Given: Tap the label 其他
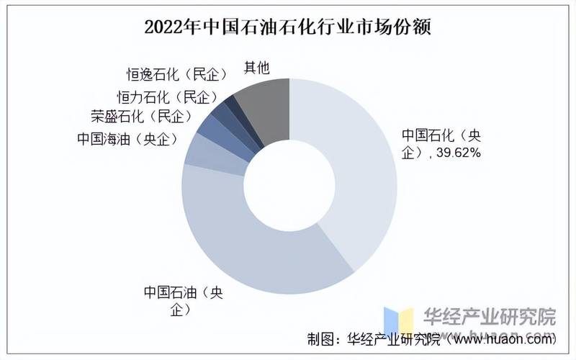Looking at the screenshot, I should pos(256,68).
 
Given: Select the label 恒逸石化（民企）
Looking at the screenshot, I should pos(177,74).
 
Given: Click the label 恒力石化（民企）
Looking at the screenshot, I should pos(167,96).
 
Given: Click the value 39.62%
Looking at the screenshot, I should pos(456,153).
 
